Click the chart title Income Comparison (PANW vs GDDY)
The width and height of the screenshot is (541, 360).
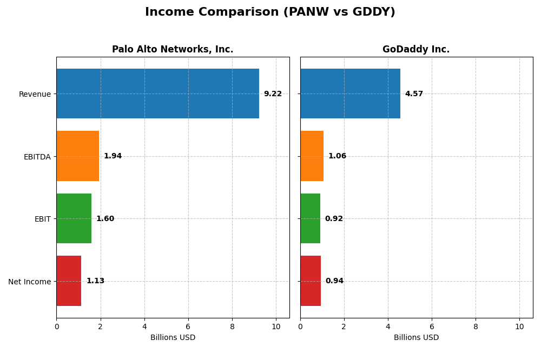270,12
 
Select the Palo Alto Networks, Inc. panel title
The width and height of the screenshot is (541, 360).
173,49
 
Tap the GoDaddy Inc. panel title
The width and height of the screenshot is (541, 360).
416,49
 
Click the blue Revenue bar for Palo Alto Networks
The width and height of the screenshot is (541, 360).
157,94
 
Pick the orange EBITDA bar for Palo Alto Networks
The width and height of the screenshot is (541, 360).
77,156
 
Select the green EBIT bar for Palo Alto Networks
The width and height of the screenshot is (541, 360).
74,218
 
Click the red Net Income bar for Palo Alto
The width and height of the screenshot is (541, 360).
69,281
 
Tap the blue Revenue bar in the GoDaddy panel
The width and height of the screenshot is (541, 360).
350,94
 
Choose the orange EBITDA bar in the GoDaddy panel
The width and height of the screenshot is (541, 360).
312,156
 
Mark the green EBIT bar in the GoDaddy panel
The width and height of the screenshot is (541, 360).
310,218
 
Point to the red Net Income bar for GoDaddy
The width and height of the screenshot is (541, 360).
311,281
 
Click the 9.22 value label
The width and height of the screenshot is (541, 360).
273,94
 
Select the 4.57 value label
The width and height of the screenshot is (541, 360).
414,94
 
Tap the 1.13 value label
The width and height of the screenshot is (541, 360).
95,281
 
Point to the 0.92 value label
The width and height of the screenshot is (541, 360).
334,219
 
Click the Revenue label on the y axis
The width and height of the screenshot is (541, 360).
35,94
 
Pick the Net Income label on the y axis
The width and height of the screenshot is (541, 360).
29,282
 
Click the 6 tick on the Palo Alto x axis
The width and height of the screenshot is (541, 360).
188,326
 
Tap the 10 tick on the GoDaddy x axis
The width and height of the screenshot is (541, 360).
519,326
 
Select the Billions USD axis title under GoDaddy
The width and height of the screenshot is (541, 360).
416,338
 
